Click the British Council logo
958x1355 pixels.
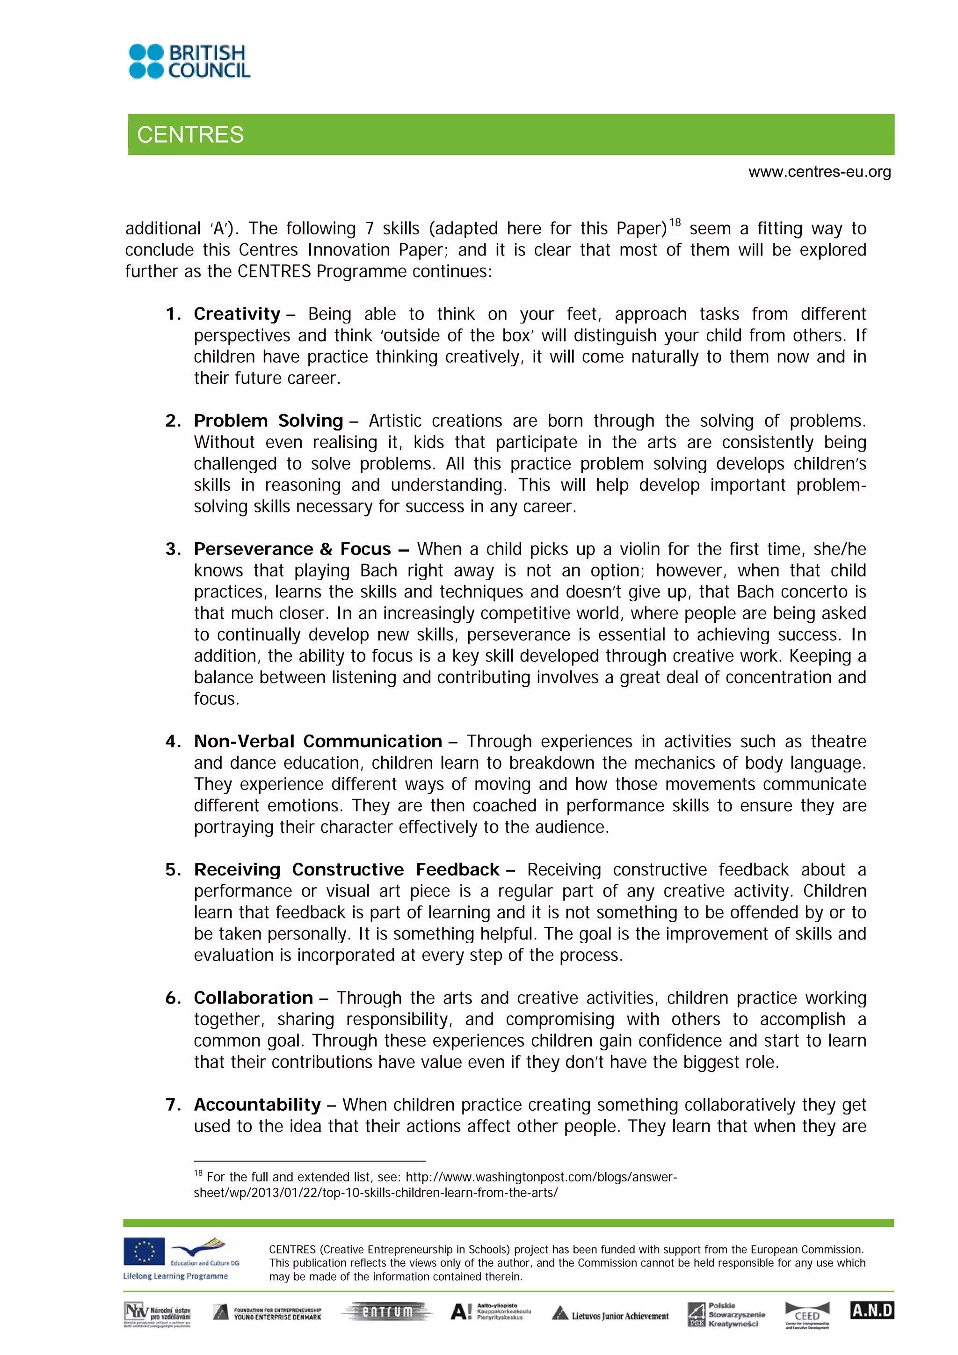pos(189,61)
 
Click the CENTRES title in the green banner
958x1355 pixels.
pos(190,135)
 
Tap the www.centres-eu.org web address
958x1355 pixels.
pos(820,172)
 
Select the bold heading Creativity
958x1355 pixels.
pos(237,314)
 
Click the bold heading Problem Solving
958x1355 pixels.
pos(269,421)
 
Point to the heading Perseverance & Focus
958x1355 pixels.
pos(292,549)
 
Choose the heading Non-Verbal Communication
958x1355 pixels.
pos(318,741)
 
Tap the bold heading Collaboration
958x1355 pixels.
pos(253,998)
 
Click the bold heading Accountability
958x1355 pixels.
pos(257,1104)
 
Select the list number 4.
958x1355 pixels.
pos(172,741)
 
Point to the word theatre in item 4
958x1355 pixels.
pos(838,741)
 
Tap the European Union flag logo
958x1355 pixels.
pos(144,1252)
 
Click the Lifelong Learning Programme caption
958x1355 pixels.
pos(175,1276)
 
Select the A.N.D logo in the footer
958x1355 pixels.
pos(872,1311)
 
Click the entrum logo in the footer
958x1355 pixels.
pos(387,1312)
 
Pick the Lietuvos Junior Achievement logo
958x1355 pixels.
pos(610,1315)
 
